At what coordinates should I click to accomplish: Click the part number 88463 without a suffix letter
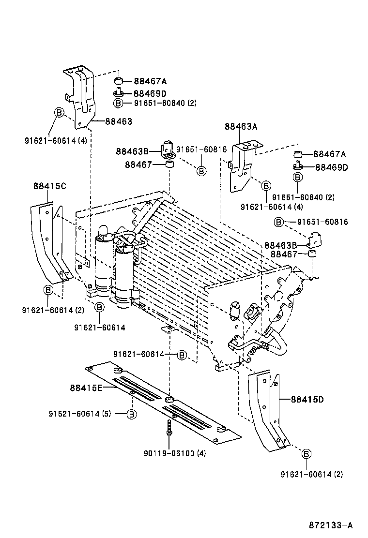pyautogui.click(x=119, y=121)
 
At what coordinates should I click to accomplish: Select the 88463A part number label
pyautogui.click(x=241, y=127)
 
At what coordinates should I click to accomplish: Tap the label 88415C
pyautogui.click(x=50, y=186)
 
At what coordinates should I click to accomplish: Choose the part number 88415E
pyautogui.click(x=86, y=388)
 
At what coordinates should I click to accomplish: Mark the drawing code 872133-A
pyautogui.click(x=331, y=525)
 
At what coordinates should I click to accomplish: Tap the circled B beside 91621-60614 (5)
pyautogui.click(x=132, y=414)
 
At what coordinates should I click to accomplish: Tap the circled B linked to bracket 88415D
pyautogui.click(x=306, y=453)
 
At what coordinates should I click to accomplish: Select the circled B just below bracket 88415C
pyautogui.click(x=48, y=290)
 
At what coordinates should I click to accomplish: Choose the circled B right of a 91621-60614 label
pyautogui.click(x=182, y=355)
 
